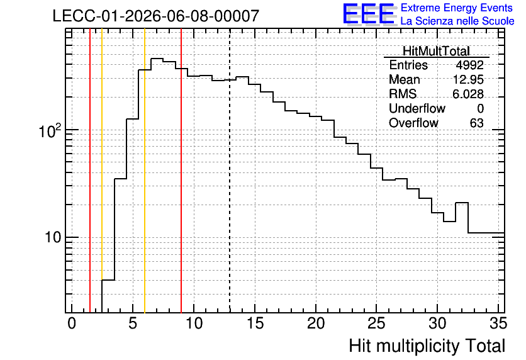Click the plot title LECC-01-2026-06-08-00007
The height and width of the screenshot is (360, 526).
tap(155, 16)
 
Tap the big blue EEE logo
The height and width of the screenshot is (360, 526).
tap(369, 14)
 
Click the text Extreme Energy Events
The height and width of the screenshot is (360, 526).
tap(457, 8)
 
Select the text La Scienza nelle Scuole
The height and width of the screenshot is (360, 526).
tap(457, 21)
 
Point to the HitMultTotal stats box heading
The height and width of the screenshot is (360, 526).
tap(436, 51)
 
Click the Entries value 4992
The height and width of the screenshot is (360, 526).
tap(469, 65)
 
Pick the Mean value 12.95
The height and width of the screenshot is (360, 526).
tap(468, 79)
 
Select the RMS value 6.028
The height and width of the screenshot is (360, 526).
tap(468, 94)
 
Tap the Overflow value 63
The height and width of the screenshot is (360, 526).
tap(477, 123)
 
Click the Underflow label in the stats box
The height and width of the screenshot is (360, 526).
tap(417, 108)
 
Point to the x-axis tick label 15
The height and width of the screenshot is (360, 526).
tap(255, 323)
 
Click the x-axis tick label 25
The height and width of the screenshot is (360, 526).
tap(377, 323)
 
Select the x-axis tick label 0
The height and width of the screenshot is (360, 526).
tap(72, 323)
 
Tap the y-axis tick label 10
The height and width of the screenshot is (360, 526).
tap(53, 237)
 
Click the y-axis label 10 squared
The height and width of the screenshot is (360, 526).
tap(51, 131)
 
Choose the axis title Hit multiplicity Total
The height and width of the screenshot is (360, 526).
tap(427, 346)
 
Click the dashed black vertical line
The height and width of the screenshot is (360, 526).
tap(230, 171)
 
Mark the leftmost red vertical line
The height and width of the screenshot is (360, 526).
tap(90, 171)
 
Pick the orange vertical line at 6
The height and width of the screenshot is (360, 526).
tap(145, 171)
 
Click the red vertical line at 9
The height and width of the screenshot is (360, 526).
tap(181, 171)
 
